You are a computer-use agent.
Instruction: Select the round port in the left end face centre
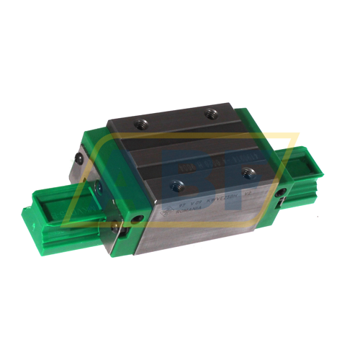(99, 186)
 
